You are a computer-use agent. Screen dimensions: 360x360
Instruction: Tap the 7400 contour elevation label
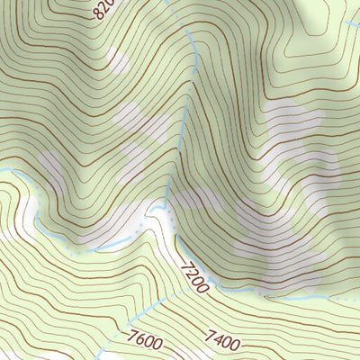(x=222, y=339)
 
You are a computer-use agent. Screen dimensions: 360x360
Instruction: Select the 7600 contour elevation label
(x=145, y=341)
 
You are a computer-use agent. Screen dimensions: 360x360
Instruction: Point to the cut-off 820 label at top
(x=103, y=11)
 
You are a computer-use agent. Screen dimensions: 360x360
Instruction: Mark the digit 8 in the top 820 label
(x=98, y=14)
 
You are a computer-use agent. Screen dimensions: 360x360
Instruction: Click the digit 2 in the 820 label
(x=104, y=9)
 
